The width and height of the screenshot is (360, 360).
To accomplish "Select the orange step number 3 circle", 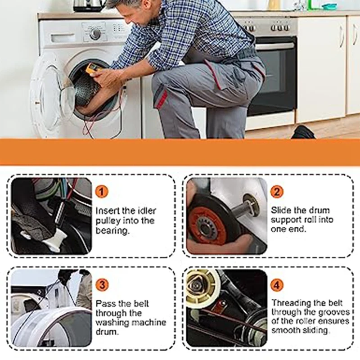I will click(102, 284).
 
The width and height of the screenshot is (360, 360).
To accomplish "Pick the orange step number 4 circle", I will click(277, 284).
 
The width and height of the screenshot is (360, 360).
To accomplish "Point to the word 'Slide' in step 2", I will click(281, 210).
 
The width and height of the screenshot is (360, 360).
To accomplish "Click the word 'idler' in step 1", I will click(147, 211).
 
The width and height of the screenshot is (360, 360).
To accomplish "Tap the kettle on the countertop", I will click(86, 5).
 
